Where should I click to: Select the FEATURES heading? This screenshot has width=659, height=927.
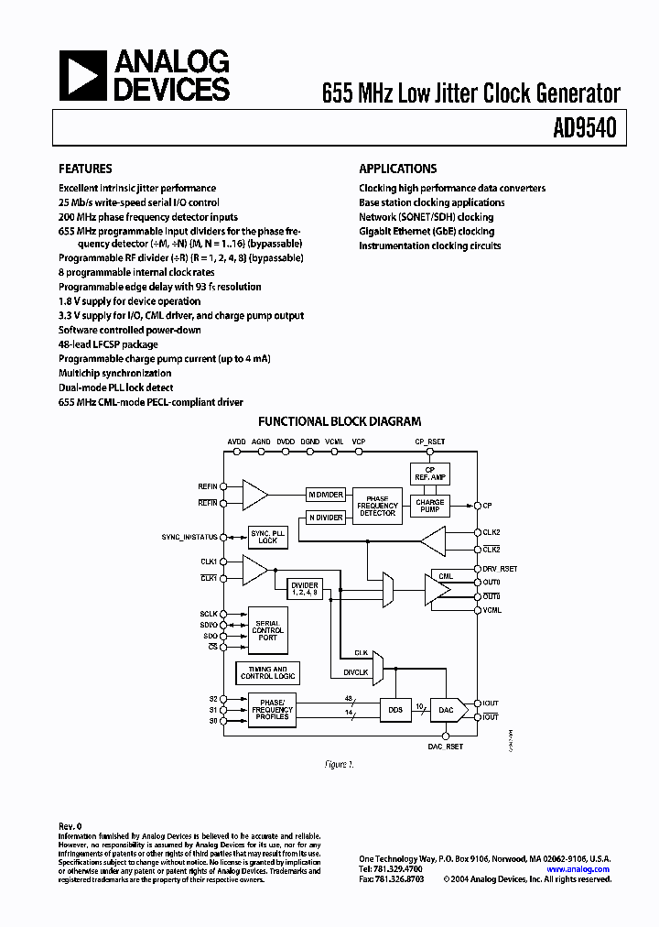tap(85, 169)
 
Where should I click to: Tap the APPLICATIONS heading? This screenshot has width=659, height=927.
tap(397, 169)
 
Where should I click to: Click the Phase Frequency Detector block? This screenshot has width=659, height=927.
tap(376, 506)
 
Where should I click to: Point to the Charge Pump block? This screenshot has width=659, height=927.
tap(429, 506)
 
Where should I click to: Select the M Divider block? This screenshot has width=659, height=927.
tap(325, 495)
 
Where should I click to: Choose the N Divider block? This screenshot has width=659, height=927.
tap(325, 518)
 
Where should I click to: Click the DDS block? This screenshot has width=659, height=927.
tap(395, 709)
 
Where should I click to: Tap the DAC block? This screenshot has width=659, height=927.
tap(445, 709)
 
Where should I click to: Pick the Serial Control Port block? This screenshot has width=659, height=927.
tap(266, 630)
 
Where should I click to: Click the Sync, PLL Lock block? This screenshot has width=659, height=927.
tap(267, 537)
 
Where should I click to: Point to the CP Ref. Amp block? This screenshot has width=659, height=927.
tap(429, 474)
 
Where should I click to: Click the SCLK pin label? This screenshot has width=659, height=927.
tap(210, 614)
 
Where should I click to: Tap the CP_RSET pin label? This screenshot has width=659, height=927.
tap(429, 441)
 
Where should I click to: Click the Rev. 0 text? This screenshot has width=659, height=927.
tap(71, 825)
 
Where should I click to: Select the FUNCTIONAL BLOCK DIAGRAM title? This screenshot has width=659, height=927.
tap(340, 422)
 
